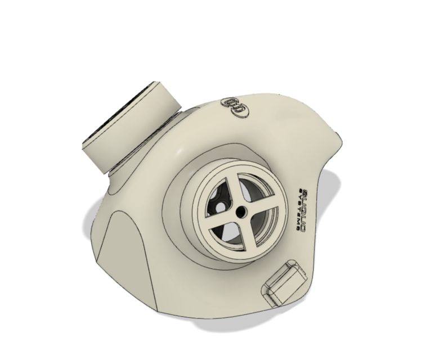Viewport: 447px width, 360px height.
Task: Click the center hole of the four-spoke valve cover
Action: [x=240, y=211]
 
